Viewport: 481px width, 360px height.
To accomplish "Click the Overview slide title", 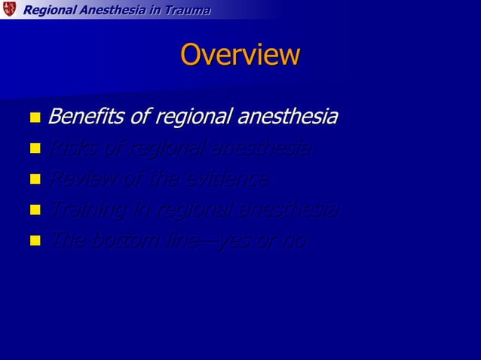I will tap(240, 55).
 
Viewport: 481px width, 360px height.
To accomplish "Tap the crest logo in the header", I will tap(8, 9).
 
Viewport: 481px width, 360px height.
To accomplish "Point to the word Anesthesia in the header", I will tap(117, 10).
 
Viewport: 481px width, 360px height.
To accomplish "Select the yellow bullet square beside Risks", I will tap(34, 150).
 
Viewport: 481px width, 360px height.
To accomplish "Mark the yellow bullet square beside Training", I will tap(34, 212).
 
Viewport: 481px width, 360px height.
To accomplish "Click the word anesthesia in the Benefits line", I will tap(287, 117).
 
